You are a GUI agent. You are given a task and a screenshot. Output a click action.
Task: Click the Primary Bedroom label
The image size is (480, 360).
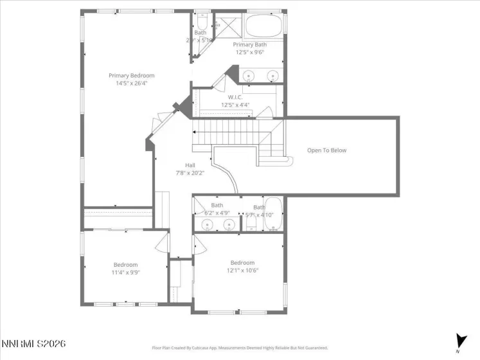(x=131, y=75)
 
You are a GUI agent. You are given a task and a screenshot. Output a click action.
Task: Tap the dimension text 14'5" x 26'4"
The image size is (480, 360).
(x=131, y=83)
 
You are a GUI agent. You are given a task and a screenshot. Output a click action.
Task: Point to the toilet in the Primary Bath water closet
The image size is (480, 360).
(x=201, y=19)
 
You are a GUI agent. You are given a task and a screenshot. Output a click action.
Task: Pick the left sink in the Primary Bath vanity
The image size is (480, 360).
(x=249, y=76)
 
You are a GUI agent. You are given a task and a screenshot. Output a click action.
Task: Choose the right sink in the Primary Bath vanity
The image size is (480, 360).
(x=272, y=76)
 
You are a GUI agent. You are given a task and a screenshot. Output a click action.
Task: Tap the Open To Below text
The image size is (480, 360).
(x=326, y=150)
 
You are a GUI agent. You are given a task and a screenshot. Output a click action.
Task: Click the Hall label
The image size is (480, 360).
(x=190, y=165)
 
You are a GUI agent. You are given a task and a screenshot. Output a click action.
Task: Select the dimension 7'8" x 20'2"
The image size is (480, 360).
(x=190, y=173)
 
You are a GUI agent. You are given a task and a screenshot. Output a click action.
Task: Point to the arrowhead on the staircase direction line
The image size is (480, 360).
(x=196, y=133)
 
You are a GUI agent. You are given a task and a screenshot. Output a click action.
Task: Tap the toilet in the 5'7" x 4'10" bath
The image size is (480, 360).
(x=252, y=225)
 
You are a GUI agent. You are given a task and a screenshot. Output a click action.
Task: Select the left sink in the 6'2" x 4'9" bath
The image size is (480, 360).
(x=207, y=224)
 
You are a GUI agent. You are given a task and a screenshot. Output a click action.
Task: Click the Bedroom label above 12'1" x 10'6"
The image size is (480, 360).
(x=242, y=262)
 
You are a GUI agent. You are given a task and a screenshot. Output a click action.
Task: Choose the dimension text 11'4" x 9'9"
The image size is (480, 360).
(x=126, y=272)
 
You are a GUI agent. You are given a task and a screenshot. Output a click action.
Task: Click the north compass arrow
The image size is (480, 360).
(x=460, y=340)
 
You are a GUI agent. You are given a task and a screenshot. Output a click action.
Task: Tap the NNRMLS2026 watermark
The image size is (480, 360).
(x=33, y=345)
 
